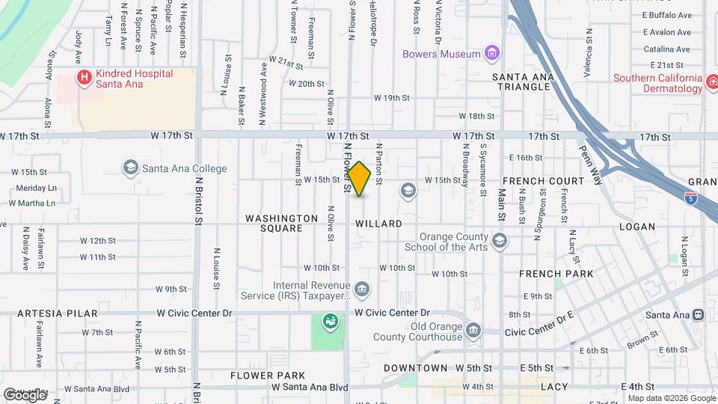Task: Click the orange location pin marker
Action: click(359, 179)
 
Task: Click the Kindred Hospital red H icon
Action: click(85, 77)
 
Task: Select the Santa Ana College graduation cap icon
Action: click(132, 168)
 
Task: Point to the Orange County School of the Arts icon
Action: click(500, 241)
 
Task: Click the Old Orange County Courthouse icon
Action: click(473, 330)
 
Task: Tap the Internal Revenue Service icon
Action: click(361, 289)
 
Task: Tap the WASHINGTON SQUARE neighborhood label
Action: click(273, 223)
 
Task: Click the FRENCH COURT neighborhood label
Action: click(543, 181)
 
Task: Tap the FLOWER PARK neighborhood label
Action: click(267, 375)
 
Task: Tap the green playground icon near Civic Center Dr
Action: click(329, 322)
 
